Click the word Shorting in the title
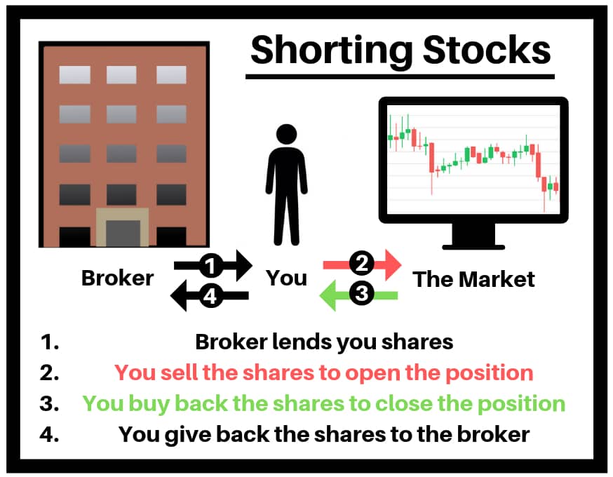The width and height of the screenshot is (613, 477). (x=332, y=51)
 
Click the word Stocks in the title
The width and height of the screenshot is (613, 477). (x=487, y=50)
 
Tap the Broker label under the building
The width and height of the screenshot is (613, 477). (x=117, y=278)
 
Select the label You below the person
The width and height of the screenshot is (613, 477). (x=287, y=278)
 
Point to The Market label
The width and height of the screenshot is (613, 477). (x=473, y=279)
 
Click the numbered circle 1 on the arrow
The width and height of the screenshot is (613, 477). (x=211, y=266)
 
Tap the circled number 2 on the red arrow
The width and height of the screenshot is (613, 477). (x=362, y=263)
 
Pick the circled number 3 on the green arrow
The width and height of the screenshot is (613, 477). (x=362, y=293)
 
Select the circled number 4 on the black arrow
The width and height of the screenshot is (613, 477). (x=210, y=296)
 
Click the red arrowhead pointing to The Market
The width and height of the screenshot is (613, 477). (x=392, y=264)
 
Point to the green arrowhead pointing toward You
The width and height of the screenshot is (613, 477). (x=328, y=295)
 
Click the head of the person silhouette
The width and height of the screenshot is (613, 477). (x=287, y=134)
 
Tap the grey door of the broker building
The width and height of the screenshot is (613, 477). (x=123, y=234)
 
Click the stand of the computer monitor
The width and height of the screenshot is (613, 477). (x=473, y=236)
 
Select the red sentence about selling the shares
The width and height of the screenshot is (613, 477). (x=324, y=372)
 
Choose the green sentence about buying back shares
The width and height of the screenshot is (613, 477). (x=324, y=403)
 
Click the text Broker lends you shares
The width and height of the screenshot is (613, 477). (x=324, y=342)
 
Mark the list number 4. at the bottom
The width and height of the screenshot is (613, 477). (x=49, y=434)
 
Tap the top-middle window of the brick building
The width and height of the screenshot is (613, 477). (x=121, y=74)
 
